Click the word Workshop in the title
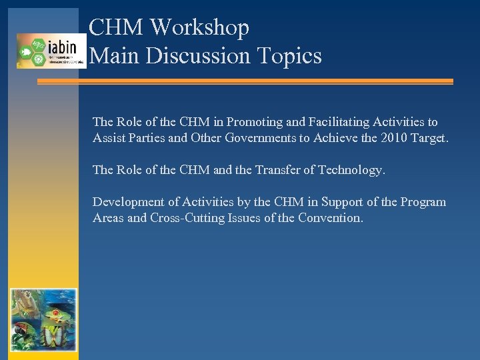tap(199, 28)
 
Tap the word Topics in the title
tap(294, 55)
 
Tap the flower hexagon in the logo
tap(38, 59)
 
